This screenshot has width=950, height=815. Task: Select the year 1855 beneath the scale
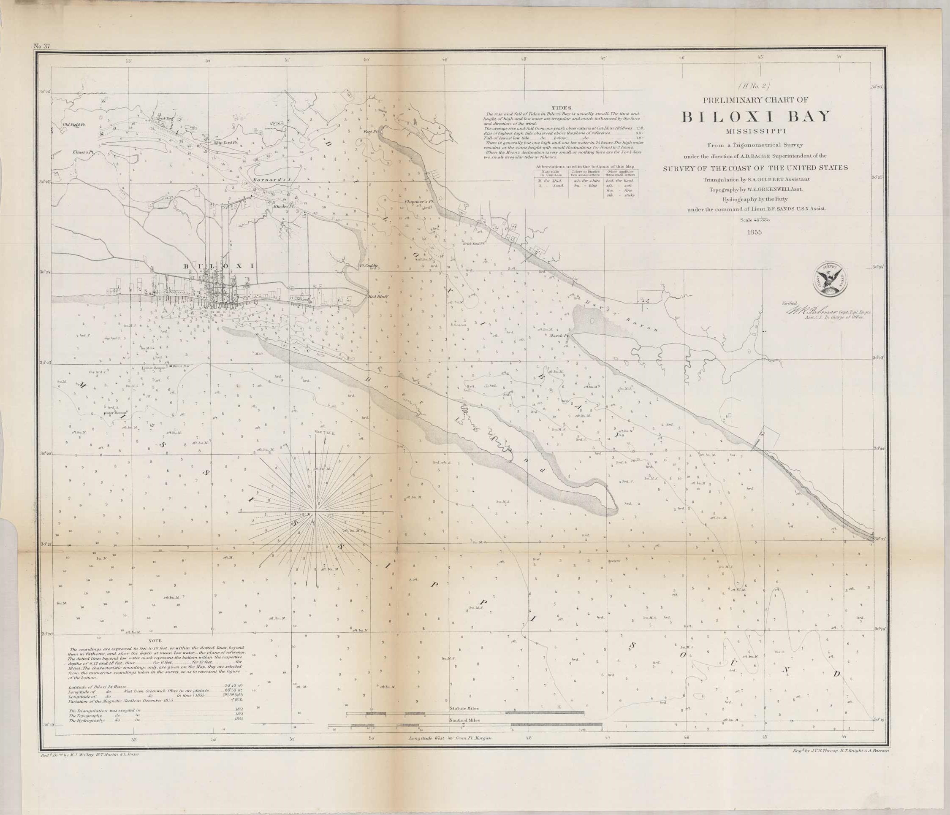click(x=754, y=233)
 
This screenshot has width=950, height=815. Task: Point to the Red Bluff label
click(x=379, y=297)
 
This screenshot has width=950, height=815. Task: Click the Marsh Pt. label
click(x=559, y=336)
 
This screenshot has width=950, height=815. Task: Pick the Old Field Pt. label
click(x=75, y=124)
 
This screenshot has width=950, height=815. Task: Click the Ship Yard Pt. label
click(x=225, y=143)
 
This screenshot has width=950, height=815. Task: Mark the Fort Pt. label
click(x=370, y=132)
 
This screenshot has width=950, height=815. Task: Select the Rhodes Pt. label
click(x=283, y=206)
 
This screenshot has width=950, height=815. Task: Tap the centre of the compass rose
click(x=316, y=511)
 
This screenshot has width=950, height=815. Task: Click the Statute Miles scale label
click(x=464, y=709)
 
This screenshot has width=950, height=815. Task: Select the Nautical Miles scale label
click(x=464, y=720)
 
